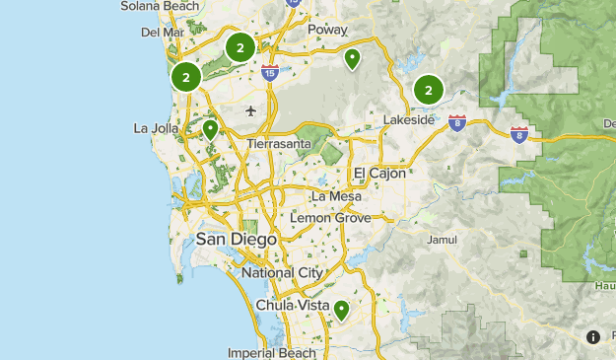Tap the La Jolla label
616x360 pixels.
coord(155,128)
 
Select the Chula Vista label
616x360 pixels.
coord(293,305)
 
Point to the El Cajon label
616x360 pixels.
coord(379,173)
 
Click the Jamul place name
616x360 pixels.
coord(444,239)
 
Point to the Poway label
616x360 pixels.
coord(327,30)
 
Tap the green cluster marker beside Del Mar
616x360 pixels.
coord(185,76)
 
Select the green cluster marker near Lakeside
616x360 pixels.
coord(429,90)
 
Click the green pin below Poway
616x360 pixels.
coord(352,59)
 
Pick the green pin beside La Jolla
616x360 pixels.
coord(209,129)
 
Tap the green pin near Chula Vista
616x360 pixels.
coord(341,310)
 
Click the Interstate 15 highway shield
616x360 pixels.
coord(270,72)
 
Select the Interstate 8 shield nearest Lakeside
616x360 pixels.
coord(456,122)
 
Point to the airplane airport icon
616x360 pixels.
coord(252,109)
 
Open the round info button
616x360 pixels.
coord(593,336)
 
